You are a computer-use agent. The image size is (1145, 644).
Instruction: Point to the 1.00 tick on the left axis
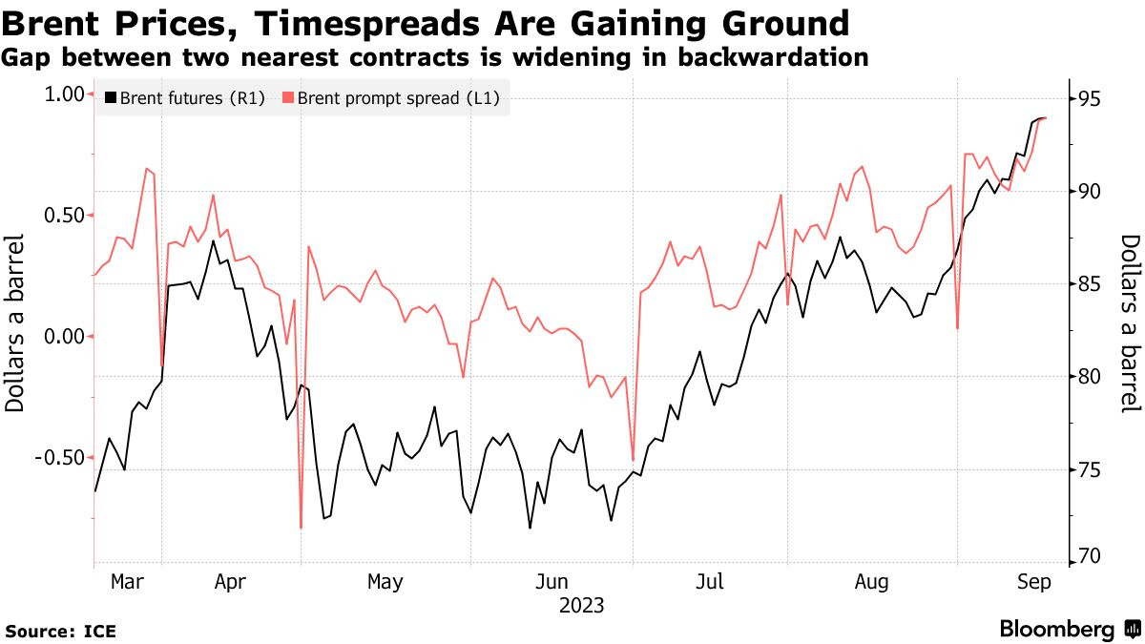coord(63,94)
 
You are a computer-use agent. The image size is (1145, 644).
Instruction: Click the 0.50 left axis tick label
coord(63,216)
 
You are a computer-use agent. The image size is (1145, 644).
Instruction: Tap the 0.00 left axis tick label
coord(63,337)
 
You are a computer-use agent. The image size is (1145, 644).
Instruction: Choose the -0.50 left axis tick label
coord(60,458)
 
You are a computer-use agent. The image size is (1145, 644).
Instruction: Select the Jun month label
coord(552,582)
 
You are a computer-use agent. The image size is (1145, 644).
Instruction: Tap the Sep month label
coord(1032,582)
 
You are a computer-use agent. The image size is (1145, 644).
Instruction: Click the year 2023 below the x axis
coord(581,605)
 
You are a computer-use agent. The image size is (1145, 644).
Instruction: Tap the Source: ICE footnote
coord(60,631)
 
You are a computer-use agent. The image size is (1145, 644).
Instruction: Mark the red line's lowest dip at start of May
coord(301,528)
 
